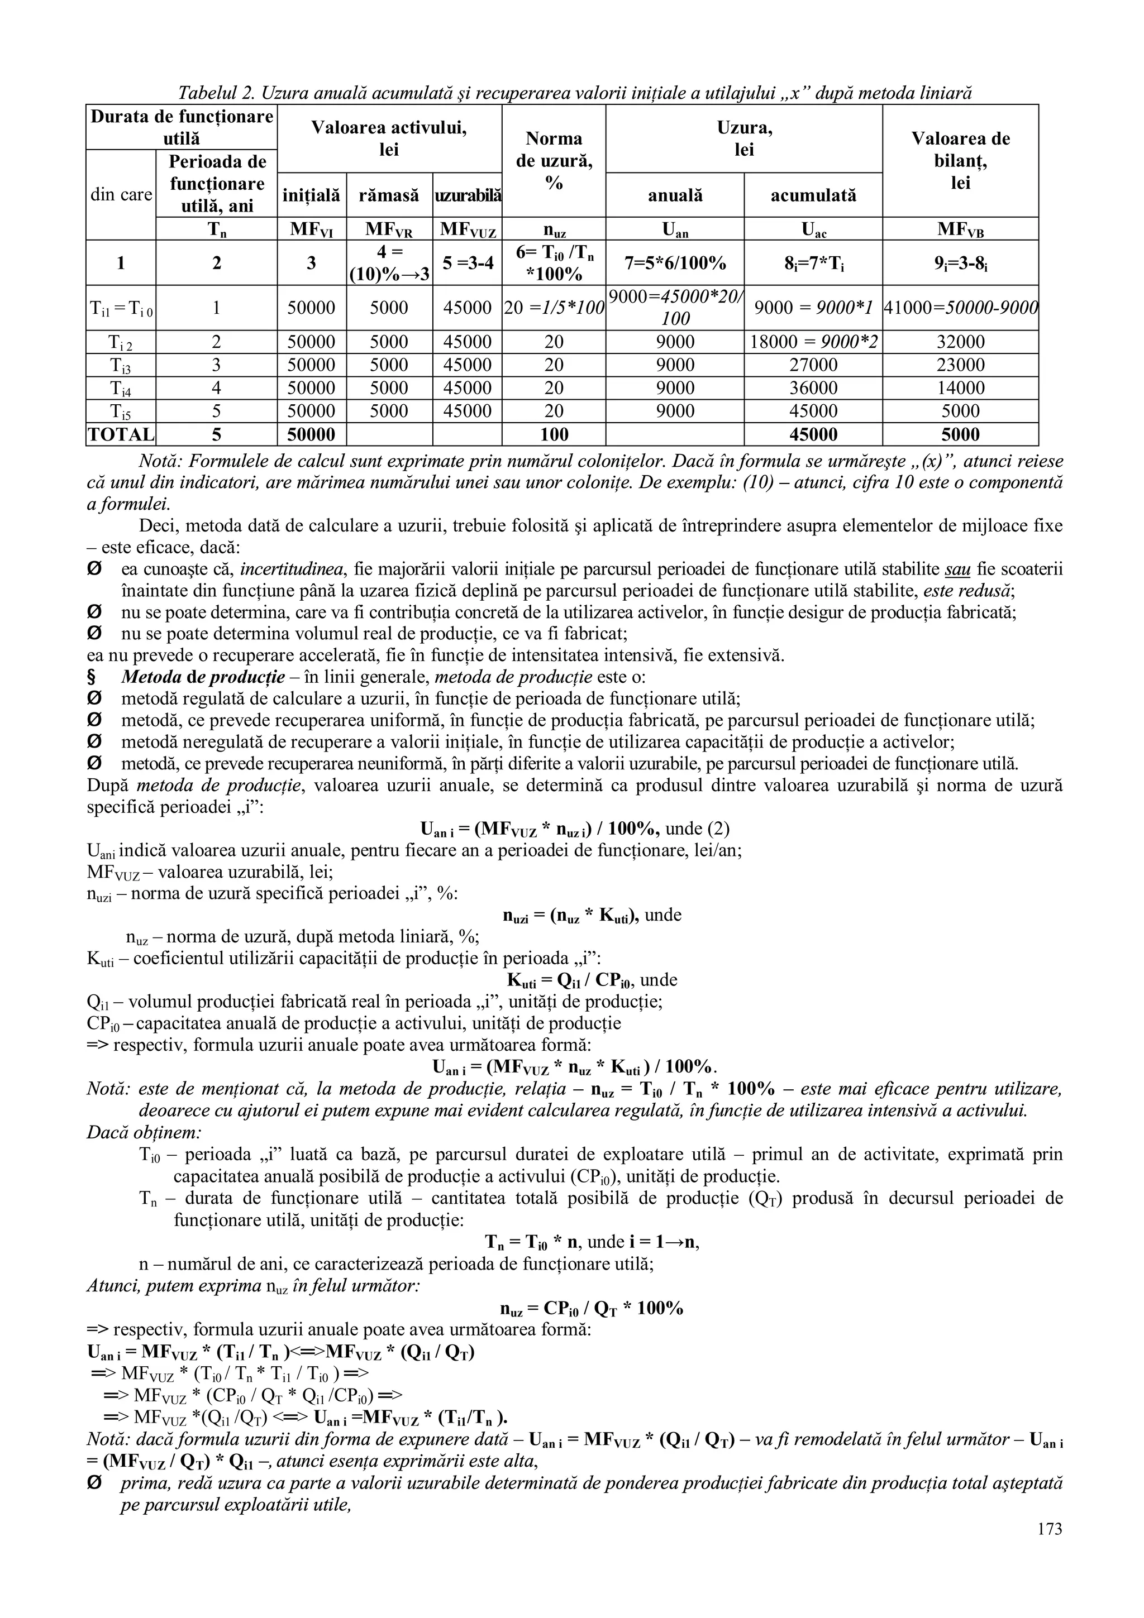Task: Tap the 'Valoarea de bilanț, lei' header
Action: pyautogui.click(x=960, y=161)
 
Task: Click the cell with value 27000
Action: pyautogui.click(x=813, y=365)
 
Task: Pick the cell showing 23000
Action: pyautogui.click(x=960, y=365)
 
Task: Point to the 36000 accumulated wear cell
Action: pyautogui.click(x=813, y=388)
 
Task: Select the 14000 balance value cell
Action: pyautogui.click(x=960, y=388)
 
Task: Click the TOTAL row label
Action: pyautogui.click(x=121, y=435)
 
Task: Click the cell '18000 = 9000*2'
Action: pyautogui.click(x=813, y=342)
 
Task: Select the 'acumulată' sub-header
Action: pyautogui.click(x=813, y=195)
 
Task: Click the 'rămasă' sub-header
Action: pyautogui.click(x=389, y=195)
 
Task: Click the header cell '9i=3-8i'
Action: pyautogui.click(x=960, y=263)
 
